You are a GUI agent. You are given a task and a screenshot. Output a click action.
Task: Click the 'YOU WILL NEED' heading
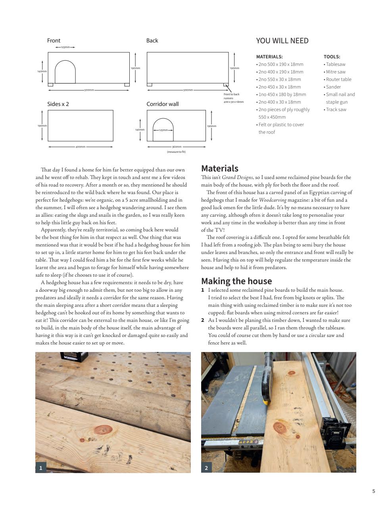pos(282,41)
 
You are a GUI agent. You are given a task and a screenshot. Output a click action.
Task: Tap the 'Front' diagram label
pos(54,40)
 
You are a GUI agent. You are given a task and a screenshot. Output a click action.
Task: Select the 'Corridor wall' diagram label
pos(162,104)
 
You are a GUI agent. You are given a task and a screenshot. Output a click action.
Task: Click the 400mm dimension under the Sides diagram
pos(80,147)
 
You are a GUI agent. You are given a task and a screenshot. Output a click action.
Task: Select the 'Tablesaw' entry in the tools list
pos(335,64)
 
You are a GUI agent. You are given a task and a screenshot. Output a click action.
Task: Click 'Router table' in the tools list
pos(338,79)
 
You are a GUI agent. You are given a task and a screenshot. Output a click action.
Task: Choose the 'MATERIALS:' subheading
pos(269,57)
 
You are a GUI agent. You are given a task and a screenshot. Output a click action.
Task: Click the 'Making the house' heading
pos(236,281)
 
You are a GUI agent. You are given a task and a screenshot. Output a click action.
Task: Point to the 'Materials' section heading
pos(220,168)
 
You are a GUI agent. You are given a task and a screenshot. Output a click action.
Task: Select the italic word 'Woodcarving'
pos(272,200)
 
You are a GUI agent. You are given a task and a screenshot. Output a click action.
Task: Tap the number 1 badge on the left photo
pos(40,468)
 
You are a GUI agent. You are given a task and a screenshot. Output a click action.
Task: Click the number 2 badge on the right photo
pos(206,468)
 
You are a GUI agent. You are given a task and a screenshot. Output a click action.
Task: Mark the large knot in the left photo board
pos(103,430)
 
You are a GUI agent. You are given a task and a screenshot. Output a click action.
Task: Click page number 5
pos(373,491)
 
